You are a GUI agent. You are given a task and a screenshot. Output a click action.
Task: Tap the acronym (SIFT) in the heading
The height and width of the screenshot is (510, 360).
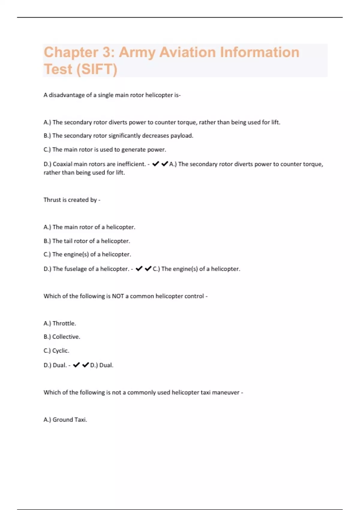pyautogui.click(x=97, y=69)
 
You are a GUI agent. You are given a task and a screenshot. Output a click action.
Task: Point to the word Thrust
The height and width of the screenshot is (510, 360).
pyautogui.click(x=52, y=200)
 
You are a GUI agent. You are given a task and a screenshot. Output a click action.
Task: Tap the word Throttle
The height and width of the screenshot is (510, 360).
pyautogui.click(x=64, y=323)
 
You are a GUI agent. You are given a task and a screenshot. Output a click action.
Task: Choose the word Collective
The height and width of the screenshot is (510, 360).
pyautogui.click(x=66, y=337)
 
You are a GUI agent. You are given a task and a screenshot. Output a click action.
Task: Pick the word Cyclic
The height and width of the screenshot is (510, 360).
pyautogui.click(x=61, y=351)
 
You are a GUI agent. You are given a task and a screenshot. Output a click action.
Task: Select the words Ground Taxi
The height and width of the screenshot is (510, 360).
pyautogui.click(x=70, y=420)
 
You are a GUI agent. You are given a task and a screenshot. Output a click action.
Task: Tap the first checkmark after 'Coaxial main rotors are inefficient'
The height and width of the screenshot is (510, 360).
pyautogui.click(x=156, y=164)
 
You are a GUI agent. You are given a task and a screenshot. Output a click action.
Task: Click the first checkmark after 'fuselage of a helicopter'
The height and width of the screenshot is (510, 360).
pyautogui.click(x=139, y=268)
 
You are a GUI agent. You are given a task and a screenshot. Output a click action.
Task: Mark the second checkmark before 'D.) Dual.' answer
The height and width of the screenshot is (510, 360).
pyautogui.click(x=85, y=365)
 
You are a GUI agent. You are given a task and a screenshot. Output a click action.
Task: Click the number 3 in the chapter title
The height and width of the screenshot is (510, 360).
pyautogui.click(x=106, y=52)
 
